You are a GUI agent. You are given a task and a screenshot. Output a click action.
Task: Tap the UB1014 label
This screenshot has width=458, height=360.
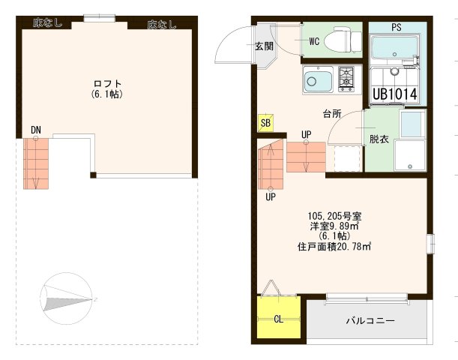click(x=394, y=94)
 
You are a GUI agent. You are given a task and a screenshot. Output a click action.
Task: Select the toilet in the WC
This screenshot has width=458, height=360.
click(x=341, y=40)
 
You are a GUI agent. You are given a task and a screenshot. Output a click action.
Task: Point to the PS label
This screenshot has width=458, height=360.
click(x=396, y=27)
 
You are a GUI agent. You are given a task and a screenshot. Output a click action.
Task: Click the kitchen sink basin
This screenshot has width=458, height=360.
click(x=318, y=79)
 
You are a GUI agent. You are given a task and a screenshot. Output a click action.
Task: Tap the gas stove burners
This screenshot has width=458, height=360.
click(x=346, y=77)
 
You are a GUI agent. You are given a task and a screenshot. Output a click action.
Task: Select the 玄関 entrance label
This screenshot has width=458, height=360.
click(x=263, y=46)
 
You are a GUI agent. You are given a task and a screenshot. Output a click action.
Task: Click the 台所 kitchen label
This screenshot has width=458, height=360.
click(x=331, y=114)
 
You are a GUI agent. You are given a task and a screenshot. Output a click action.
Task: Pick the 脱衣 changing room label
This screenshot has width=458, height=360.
click(x=378, y=139)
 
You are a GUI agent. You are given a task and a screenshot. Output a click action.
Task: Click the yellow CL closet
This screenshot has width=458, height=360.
click(x=279, y=319)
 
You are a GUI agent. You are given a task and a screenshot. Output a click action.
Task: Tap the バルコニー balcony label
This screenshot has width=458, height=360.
click(x=370, y=320)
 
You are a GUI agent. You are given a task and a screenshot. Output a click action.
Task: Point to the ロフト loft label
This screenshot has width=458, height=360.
click(x=107, y=83)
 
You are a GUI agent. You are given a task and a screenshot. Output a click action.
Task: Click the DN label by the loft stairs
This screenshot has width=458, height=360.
click(x=36, y=130)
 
